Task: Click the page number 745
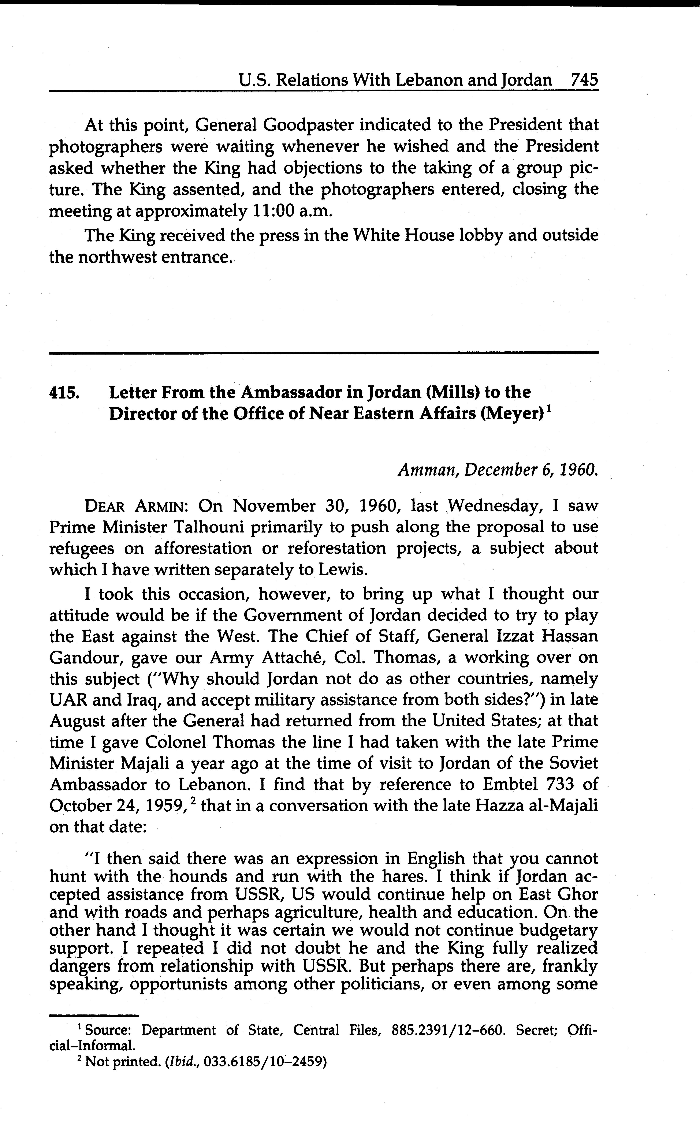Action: pos(584,80)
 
